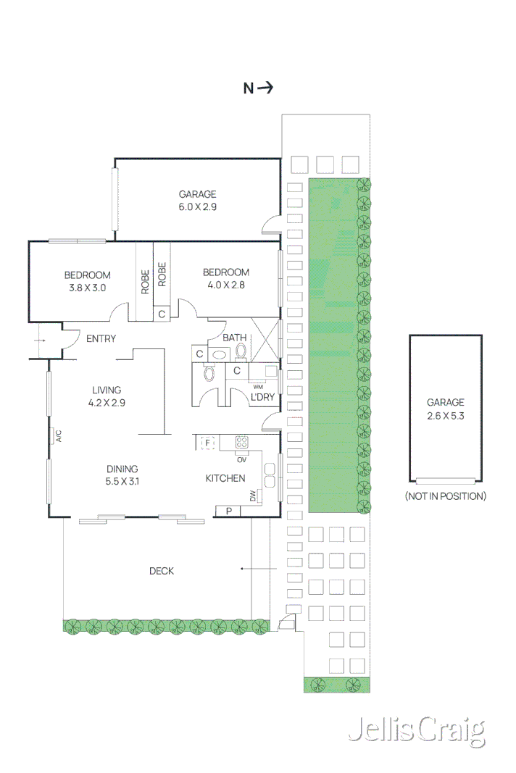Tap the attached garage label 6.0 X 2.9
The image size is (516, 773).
tap(198, 201)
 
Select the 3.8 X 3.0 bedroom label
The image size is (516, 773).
tap(87, 281)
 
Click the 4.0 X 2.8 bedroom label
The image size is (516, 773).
tap(225, 279)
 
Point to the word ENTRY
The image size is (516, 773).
tap(101, 338)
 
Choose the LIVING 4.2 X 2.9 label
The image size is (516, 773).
tap(106, 396)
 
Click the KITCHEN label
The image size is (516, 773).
tap(225, 478)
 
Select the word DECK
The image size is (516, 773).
tap(161, 571)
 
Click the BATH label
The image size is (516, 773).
tap(234, 338)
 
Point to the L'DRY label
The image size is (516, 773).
tap(262, 397)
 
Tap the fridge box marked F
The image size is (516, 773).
tap(207, 442)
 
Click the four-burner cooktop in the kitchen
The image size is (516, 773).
tap(241, 441)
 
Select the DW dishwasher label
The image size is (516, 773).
tap(252, 497)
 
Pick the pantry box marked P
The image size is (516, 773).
tap(228, 511)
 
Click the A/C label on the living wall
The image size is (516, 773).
tap(59, 436)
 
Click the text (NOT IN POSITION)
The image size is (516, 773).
tap(445, 496)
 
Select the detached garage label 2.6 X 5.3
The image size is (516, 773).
tap(445, 409)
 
